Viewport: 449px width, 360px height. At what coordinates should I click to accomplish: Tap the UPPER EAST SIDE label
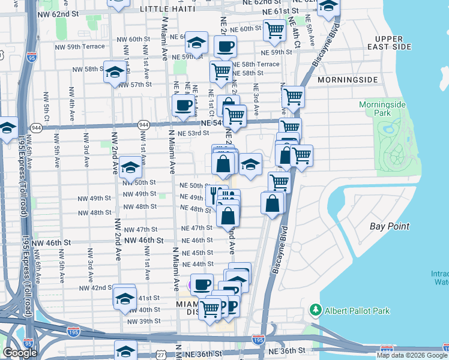coord(393,43)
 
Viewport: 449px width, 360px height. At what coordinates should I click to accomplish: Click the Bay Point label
coord(390,226)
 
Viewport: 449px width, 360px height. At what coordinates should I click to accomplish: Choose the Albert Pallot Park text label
coord(358,311)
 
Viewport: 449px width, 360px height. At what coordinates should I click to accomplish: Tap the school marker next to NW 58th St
coord(113,73)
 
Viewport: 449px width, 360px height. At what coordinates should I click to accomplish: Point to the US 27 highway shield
coord(161,355)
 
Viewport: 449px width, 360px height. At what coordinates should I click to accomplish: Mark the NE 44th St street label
coord(197,264)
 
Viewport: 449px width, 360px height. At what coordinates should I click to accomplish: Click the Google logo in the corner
coord(20,353)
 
